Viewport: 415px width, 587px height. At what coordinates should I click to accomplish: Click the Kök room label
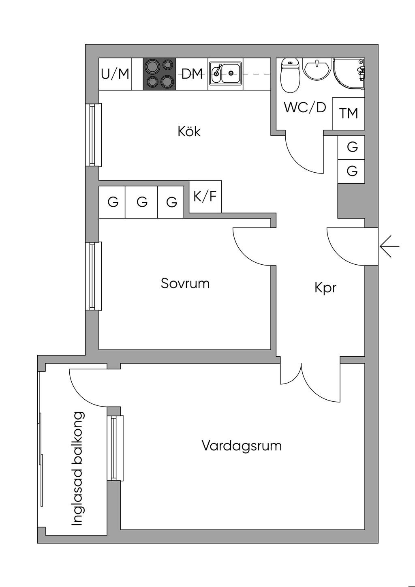pyautogui.click(x=189, y=131)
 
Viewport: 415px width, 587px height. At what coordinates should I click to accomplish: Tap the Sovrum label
pyautogui.click(x=185, y=283)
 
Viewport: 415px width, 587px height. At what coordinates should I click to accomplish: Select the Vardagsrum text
pyautogui.click(x=242, y=446)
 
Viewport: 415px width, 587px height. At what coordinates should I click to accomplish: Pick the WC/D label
pyautogui.click(x=305, y=107)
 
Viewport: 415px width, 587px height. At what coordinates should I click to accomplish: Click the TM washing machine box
pyautogui.click(x=349, y=114)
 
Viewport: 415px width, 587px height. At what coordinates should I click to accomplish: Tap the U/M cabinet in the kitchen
pyautogui.click(x=115, y=74)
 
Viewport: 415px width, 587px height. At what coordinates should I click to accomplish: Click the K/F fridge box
pyautogui.click(x=205, y=197)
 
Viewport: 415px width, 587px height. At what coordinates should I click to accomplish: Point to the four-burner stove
pyautogui.click(x=159, y=74)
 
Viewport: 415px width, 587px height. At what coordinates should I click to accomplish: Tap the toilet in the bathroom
pyautogui.click(x=290, y=75)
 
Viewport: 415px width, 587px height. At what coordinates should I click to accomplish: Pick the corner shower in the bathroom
pyautogui.click(x=349, y=74)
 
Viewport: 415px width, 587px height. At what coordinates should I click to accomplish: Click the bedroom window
pyautogui.click(x=94, y=276)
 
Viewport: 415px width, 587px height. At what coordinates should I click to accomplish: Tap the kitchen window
pyautogui.click(x=94, y=135)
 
